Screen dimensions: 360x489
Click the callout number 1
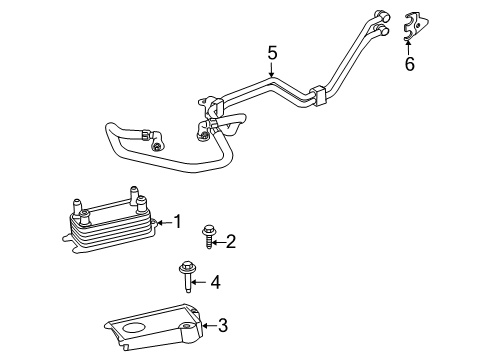[x=178, y=221]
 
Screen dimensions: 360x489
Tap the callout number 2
[x=231, y=240]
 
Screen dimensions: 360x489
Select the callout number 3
[x=223, y=325]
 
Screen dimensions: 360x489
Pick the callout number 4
[x=214, y=282]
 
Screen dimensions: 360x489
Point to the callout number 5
[x=270, y=52]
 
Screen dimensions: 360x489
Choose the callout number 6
[x=409, y=65]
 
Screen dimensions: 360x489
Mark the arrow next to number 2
[x=218, y=240]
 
